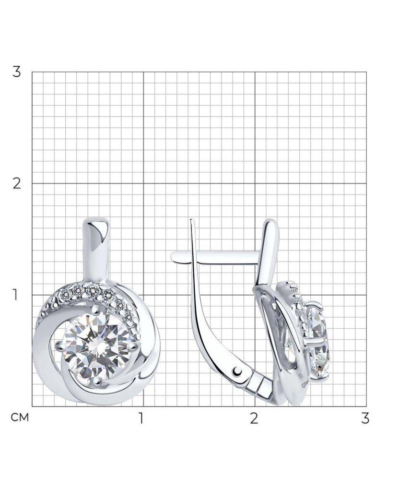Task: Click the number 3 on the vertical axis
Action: point(16,72)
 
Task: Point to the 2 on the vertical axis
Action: point(16,183)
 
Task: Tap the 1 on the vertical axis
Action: point(15,295)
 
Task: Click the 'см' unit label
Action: point(20,418)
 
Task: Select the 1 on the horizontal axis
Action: point(140,418)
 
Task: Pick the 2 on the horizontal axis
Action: point(254,418)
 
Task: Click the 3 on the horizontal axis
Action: point(365,418)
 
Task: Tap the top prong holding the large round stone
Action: point(96,310)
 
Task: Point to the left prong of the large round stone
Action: point(59,346)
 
